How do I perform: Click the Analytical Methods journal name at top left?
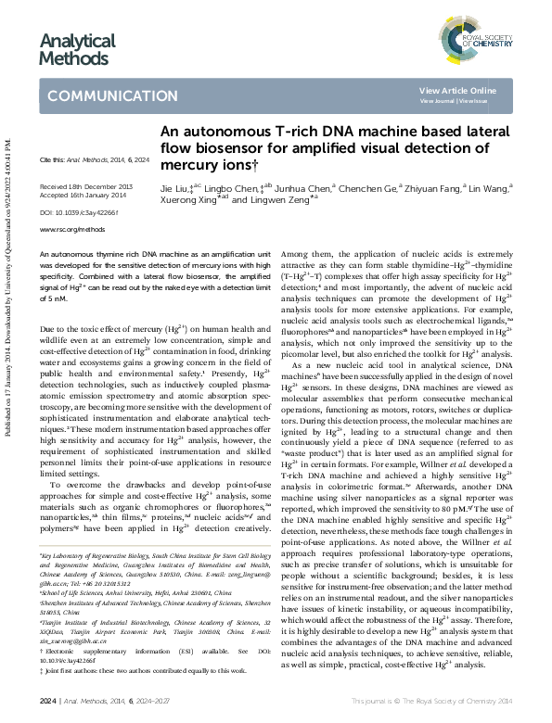pyautogui.click(x=77, y=49)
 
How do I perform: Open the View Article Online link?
pyautogui.click(x=457, y=90)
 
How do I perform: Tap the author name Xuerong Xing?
pyautogui.click(x=186, y=200)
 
